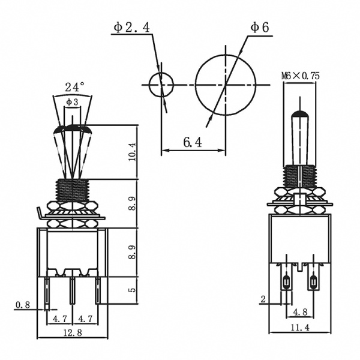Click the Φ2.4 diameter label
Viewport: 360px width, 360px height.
point(133,28)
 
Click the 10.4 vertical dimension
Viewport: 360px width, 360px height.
point(132,152)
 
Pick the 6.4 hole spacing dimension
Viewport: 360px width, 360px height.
point(193,142)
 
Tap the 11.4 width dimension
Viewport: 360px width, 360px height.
point(299,328)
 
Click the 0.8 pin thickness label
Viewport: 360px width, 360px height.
point(22,304)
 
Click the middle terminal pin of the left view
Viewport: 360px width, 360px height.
point(72,293)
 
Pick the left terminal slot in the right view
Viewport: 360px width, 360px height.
point(286,281)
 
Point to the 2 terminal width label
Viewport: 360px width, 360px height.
point(263,298)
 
